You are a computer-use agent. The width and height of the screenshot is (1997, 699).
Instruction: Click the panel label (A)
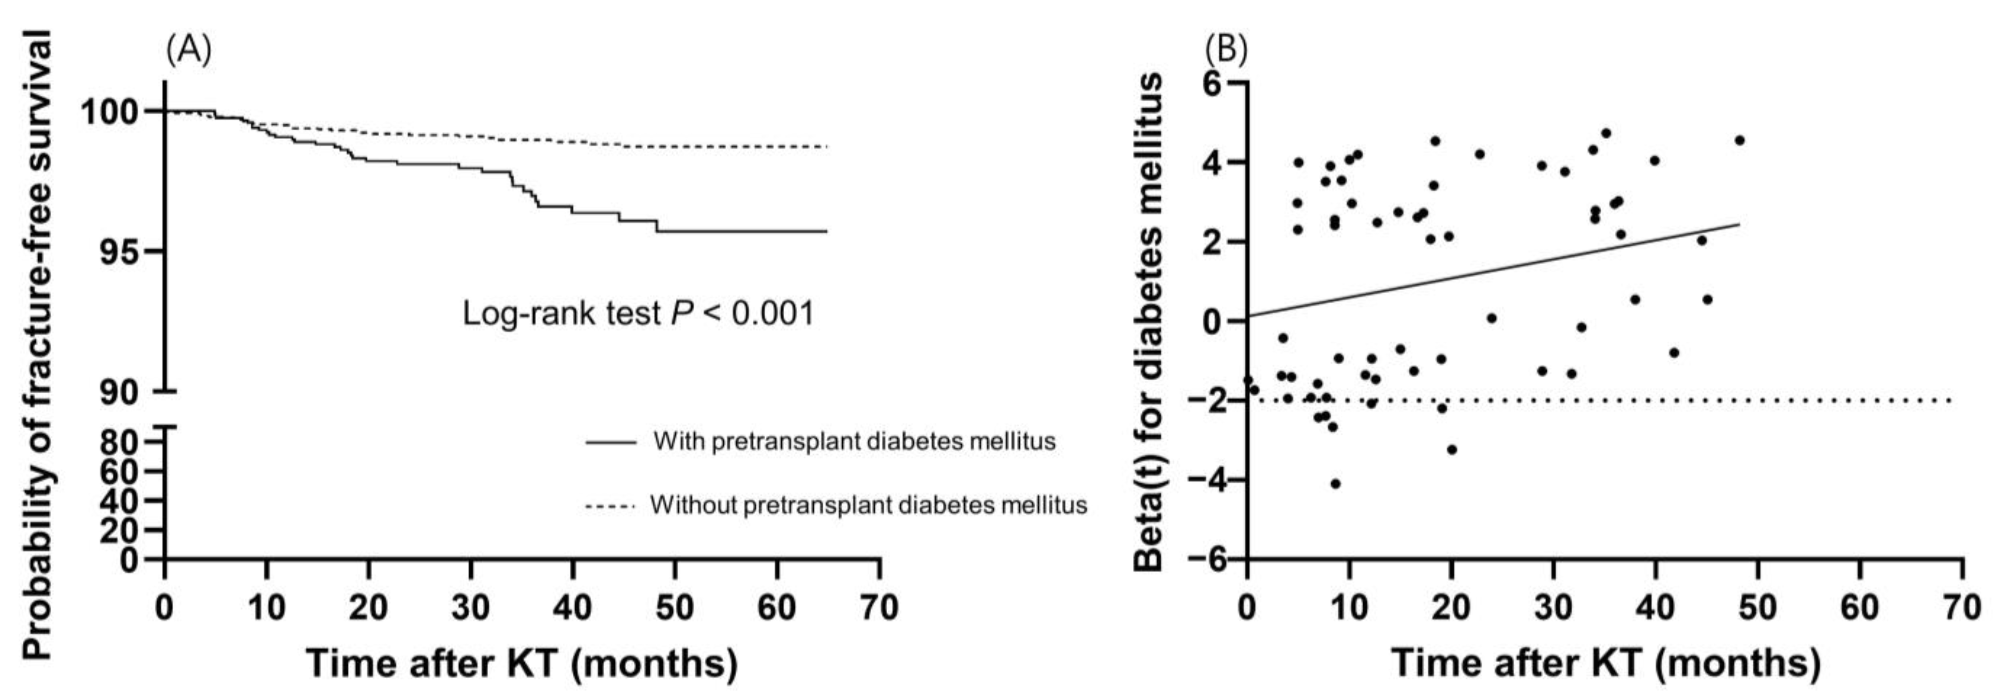pyautogui.click(x=188, y=51)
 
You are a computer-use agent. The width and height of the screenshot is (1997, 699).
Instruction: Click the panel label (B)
pyautogui.click(x=1226, y=51)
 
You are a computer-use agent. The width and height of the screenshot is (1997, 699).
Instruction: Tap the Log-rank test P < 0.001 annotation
pyautogui.click(x=638, y=314)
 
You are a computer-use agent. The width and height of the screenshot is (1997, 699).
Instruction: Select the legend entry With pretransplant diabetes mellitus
pyautogui.click(x=853, y=442)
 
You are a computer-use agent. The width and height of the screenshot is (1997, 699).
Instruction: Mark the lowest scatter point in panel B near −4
pyautogui.click(x=1335, y=484)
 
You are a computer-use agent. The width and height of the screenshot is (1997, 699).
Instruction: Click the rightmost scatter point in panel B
pyautogui.click(x=1740, y=140)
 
